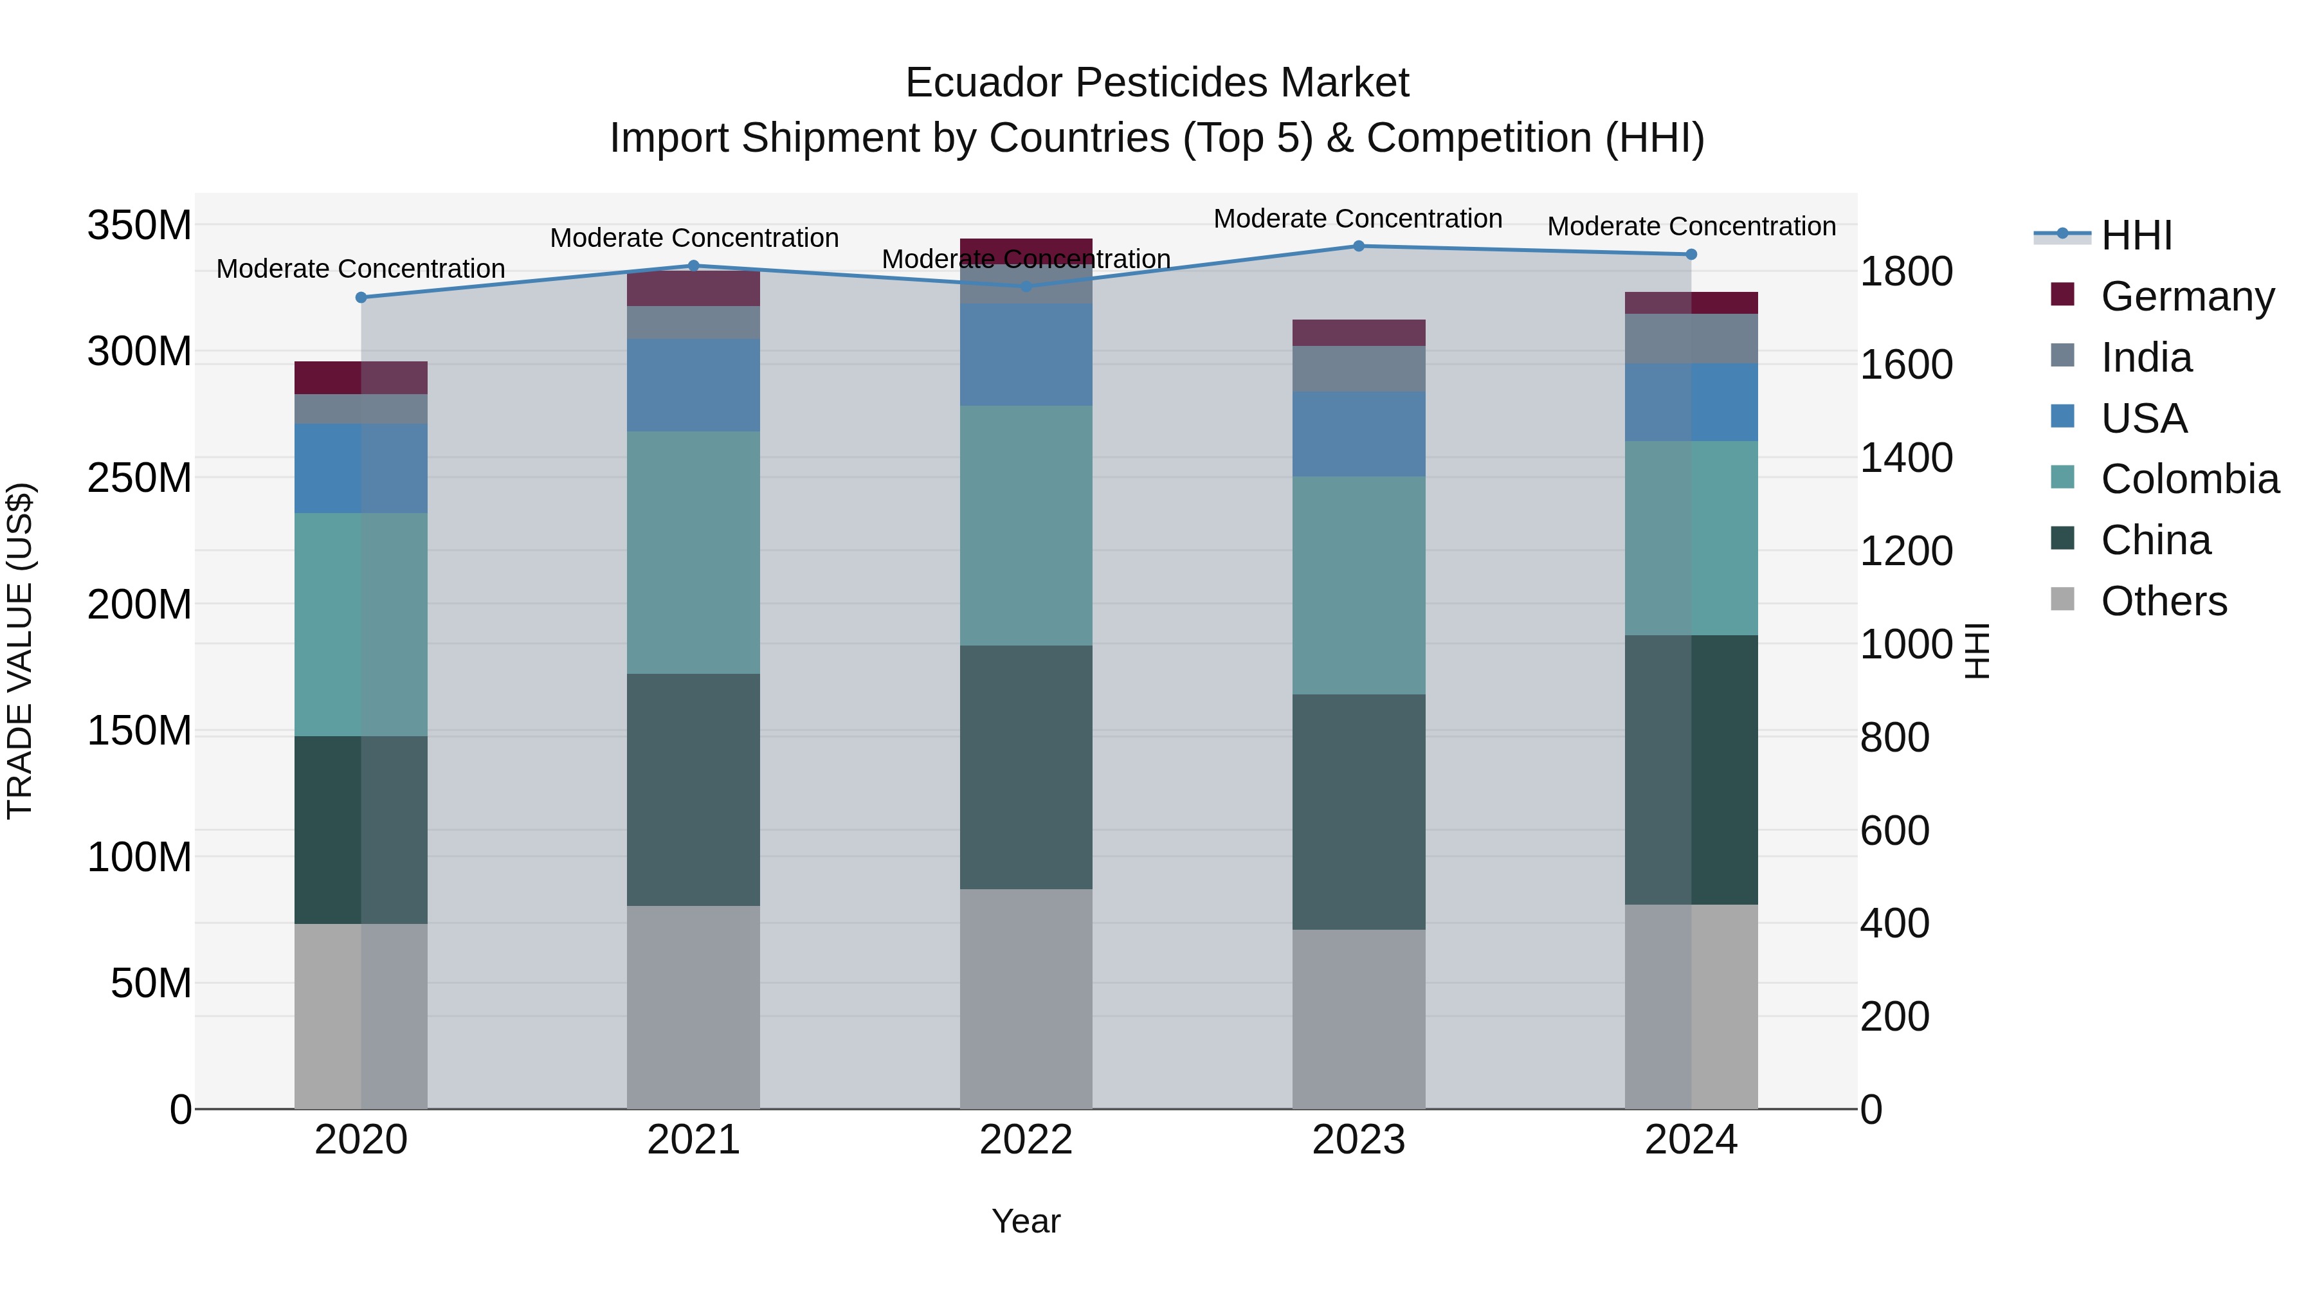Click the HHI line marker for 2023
pyautogui.click(x=1358, y=246)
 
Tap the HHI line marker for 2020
pyautogui.click(x=361, y=298)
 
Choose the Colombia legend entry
pyautogui.click(x=2189, y=479)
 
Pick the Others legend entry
pyautogui.click(x=2163, y=601)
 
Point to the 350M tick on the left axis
pyautogui.click(x=140, y=224)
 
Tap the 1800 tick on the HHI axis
pyautogui.click(x=1906, y=271)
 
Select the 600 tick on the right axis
pyautogui.click(x=1894, y=830)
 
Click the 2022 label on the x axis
pyautogui.click(x=1026, y=1140)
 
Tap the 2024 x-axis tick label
pyautogui.click(x=1691, y=1140)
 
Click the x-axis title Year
pyautogui.click(x=1026, y=1221)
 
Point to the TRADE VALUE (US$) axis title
pyautogui.click(x=20, y=651)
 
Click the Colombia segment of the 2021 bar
pyautogui.click(x=693, y=552)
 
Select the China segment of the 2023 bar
pyautogui.click(x=1358, y=811)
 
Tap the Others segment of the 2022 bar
pyautogui.click(x=1026, y=999)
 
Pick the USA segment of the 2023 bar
pyautogui.click(x=1358, y=434)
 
